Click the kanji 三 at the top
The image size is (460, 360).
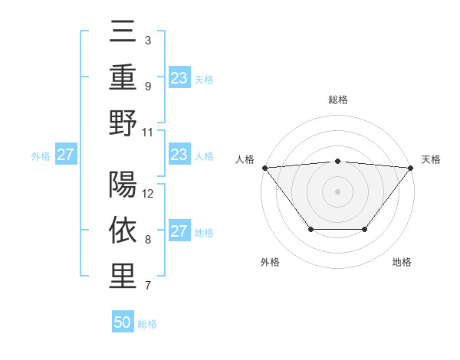(123, 34)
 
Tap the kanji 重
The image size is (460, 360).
(123, 78)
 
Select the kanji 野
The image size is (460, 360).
(123, 123)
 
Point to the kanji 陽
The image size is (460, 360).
(123, 186)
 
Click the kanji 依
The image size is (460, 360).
(123, 231)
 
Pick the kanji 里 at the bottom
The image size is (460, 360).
(123, 276)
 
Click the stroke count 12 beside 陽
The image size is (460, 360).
(149, 194)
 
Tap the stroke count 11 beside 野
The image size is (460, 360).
(149, 131)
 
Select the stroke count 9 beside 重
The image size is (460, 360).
(147, 86)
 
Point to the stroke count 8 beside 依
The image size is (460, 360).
(147, 240)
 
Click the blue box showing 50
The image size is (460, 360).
(123, 322)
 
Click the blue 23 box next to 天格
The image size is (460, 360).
(179, 77)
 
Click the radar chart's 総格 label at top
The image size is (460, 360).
(337, 100)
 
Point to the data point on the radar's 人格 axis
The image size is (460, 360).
(264, 168)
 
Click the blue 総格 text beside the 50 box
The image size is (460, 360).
(147, 324)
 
